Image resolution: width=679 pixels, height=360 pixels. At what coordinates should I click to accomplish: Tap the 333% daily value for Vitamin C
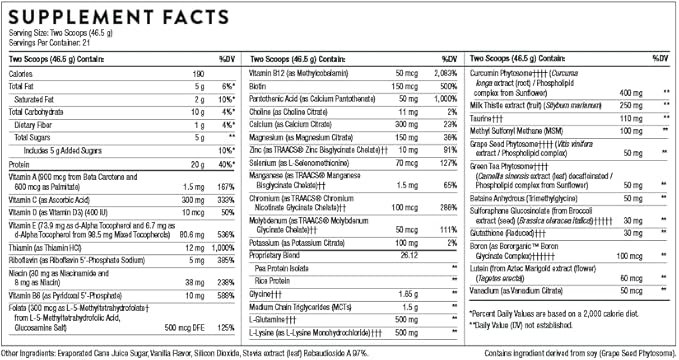225,199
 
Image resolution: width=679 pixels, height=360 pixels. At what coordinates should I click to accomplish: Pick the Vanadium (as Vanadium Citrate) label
522,289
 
